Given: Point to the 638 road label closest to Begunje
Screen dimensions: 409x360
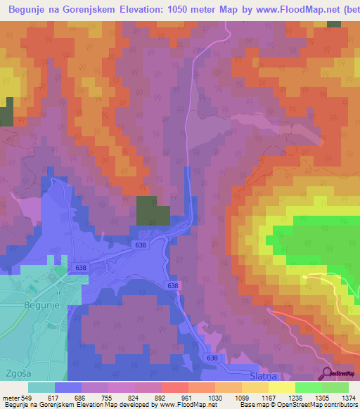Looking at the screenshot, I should [81, 268].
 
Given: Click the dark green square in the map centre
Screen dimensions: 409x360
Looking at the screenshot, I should [153, 211].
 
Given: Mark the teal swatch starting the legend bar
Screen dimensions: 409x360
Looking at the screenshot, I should [41, 387].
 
